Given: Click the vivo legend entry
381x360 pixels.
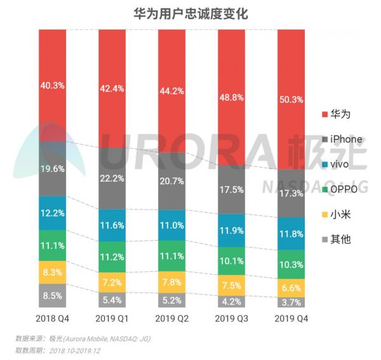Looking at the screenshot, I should [x=337, y=164].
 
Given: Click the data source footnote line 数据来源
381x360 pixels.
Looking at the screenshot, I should [x=83, y=338].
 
